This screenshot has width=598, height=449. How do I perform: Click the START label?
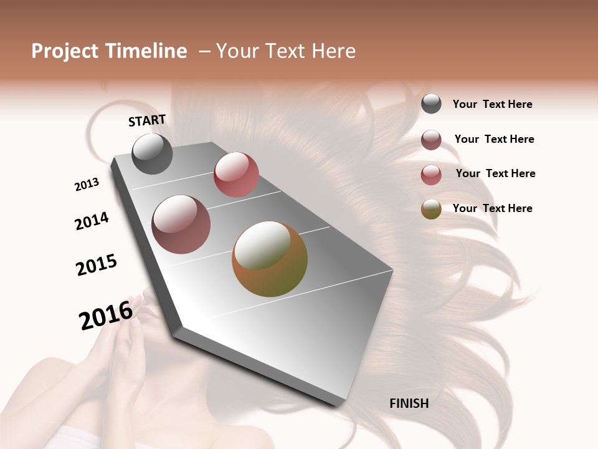tap(147, 120)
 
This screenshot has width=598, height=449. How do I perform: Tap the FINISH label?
tap(409, 403)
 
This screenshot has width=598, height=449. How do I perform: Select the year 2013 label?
tap(87, 185)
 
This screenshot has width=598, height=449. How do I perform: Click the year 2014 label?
tap(92, 221)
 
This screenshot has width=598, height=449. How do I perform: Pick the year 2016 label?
tap(106, 314)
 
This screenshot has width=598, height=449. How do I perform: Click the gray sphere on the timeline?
tap(152, 154)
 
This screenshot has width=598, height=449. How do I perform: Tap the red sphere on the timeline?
tap(236, 175)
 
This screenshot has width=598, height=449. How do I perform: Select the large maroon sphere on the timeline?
tap(181, 224)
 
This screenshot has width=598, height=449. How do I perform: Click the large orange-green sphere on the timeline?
tap(270, 259)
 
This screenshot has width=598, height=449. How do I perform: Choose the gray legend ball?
tap(431, 104)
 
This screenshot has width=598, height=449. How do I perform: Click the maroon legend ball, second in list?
tap(431, 140)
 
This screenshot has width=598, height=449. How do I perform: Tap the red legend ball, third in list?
tap(431, 174)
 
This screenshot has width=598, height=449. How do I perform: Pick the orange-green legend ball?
tap(431, 209)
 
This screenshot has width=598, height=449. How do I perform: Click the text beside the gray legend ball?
tap(492, 104)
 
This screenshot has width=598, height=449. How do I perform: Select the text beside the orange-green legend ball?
tap(492, 208)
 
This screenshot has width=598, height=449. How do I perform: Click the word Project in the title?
tap(65, 51)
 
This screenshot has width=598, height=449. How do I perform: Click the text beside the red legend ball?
tap(495, 173)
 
